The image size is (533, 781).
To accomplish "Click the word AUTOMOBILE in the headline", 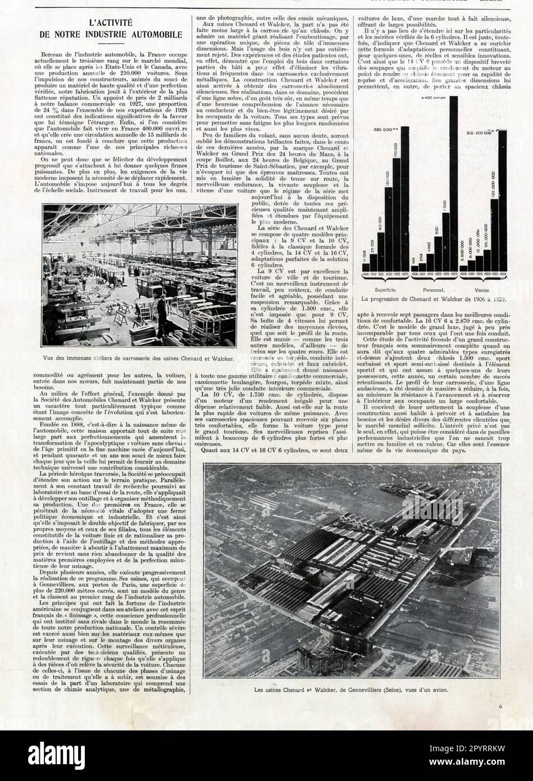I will [151, 34].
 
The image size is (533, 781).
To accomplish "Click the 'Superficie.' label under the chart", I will [391, 289].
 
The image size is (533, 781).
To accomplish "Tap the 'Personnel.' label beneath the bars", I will [438, 289].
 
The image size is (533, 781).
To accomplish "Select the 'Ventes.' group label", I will [482, 289].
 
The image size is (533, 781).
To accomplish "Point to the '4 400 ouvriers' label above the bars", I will [434, 98].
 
